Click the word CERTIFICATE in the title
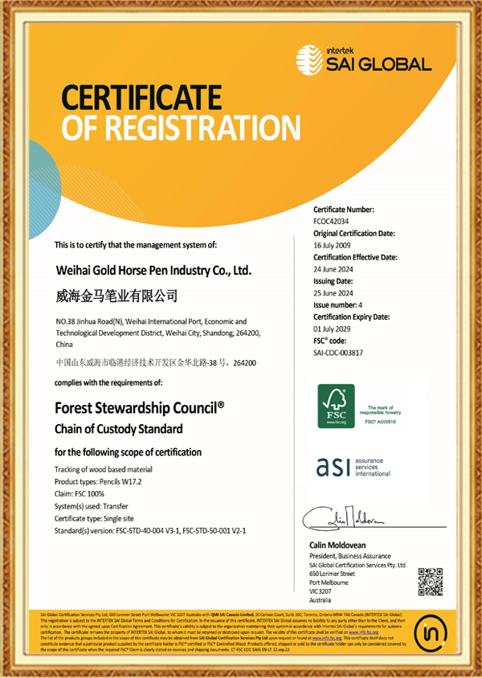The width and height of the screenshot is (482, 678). pyautogui.click(x=142, y=98)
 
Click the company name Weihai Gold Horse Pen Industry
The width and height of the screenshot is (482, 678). pyautogui.click(x=153, y=272)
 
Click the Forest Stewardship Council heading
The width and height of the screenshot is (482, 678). pyautogui.click(x=139, y=407)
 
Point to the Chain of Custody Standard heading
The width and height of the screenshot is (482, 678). pyautogui.click(x=118, y=428)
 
